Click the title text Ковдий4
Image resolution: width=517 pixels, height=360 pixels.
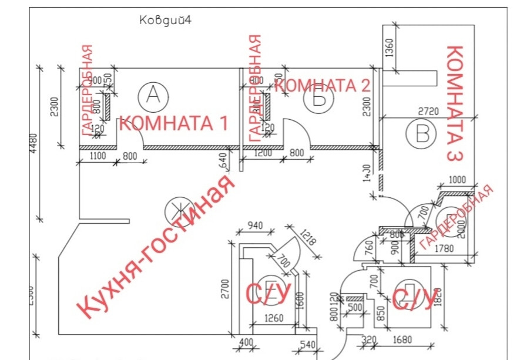click(166, 19)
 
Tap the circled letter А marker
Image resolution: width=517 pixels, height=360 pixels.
click(152, 94)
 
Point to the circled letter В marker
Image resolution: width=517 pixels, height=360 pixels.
click(422, 134)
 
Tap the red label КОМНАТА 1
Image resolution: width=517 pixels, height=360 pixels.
click(173, 123)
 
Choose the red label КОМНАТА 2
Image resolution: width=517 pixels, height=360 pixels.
click(323, 85)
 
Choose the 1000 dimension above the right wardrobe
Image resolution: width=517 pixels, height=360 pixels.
click(457, 180)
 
